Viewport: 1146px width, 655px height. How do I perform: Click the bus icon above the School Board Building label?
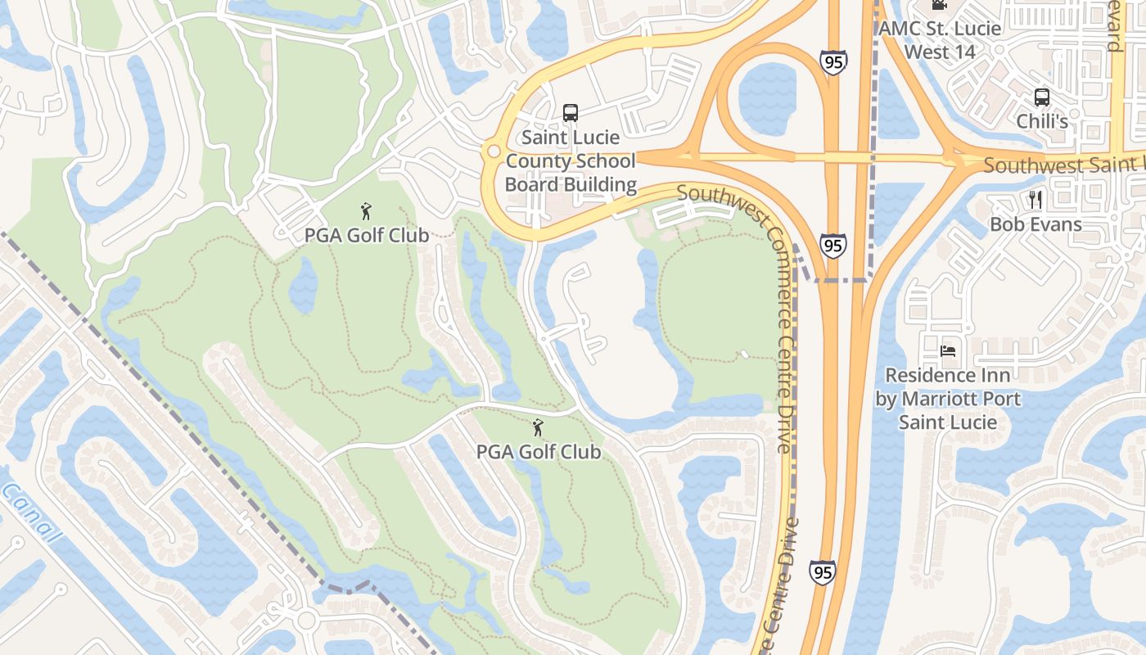tap(571, 113)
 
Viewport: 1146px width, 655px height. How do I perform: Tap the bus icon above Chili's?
tap(1041, 97)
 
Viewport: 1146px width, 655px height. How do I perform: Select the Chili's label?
tap(1042, 121)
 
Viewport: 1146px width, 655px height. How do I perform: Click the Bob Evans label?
tap(1035, 224)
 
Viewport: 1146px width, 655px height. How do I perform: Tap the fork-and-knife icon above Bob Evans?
tap(1035, 199)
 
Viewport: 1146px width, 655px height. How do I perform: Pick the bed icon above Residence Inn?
tap(948, 351)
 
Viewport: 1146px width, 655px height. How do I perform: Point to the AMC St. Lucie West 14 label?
tap(940, 39)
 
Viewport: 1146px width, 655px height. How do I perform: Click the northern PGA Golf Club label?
tap(367, 235)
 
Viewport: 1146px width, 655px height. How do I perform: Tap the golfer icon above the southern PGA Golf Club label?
tap(538, 427)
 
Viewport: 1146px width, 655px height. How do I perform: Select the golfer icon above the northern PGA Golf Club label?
tap(366, 211)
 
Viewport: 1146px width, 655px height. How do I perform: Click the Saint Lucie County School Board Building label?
tap(571, 160)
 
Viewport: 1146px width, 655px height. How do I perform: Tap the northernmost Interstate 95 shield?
tap(833, 61)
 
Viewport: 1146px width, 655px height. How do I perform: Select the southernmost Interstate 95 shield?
tap(822, 571)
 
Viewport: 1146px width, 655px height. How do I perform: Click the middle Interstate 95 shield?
tap(833, 245)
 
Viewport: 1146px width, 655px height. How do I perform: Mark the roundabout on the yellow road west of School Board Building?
tap(493, 151)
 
